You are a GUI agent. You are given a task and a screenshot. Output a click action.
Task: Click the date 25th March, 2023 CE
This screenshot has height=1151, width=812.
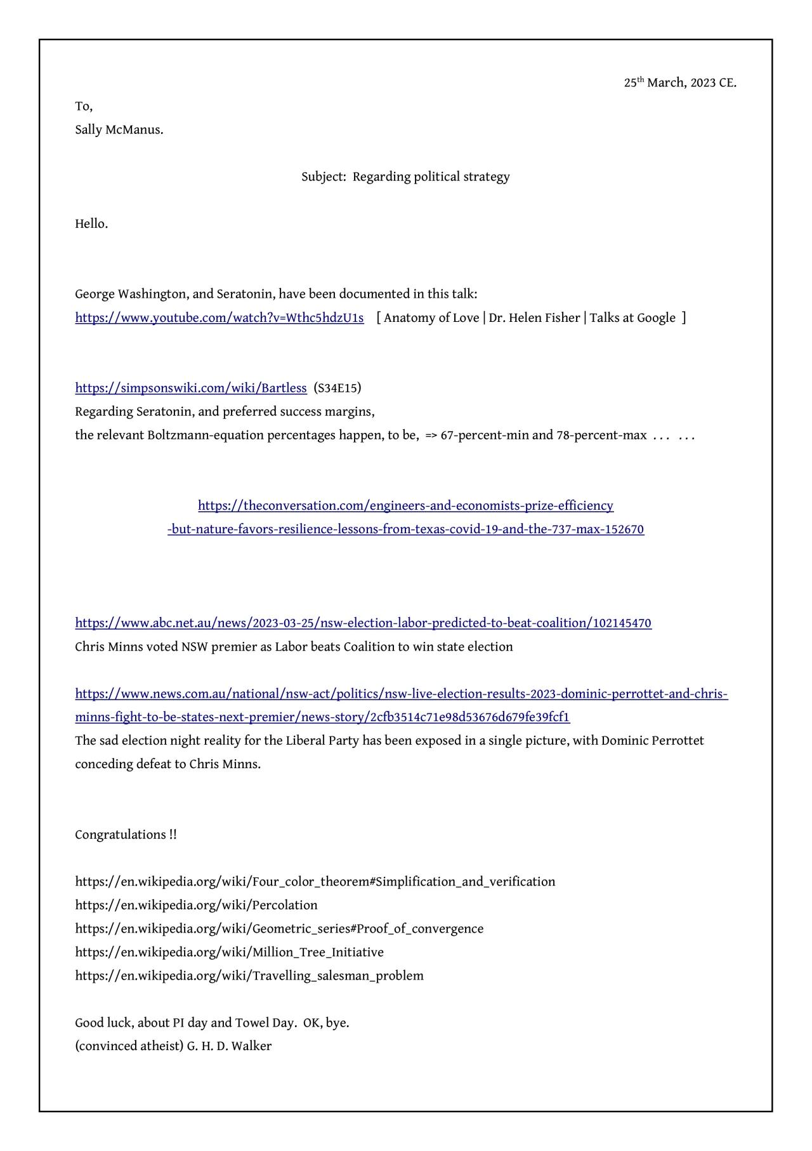680,83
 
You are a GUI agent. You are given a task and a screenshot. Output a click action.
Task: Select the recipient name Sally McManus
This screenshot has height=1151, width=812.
119,130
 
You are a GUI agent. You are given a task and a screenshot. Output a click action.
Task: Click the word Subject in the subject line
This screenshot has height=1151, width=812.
323,176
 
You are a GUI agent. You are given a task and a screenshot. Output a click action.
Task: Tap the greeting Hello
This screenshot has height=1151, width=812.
91,224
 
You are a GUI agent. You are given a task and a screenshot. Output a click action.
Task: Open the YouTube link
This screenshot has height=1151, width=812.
219,318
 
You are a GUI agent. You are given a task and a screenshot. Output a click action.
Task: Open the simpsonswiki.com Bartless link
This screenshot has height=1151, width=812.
190,388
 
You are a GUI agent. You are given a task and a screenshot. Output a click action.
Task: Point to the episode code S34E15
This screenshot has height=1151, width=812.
337,388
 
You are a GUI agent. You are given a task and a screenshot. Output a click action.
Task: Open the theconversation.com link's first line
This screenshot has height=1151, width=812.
405,506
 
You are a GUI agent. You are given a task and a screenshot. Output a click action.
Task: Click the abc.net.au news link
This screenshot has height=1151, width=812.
363,623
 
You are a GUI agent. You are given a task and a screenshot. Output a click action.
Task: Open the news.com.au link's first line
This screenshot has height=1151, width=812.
401,694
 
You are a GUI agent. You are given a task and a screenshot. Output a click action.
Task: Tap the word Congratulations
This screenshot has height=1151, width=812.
121,835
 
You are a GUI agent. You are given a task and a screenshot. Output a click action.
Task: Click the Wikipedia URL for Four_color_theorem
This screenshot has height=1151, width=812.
315,882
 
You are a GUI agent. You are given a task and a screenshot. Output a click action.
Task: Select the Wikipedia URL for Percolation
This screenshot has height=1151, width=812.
196,905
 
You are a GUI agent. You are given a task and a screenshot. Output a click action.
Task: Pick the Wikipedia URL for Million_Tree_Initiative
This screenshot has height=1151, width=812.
229,952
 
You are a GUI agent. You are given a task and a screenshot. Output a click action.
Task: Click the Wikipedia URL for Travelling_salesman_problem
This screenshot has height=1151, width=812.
249,976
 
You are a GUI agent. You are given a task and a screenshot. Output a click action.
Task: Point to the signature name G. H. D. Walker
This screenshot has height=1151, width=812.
229,1046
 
